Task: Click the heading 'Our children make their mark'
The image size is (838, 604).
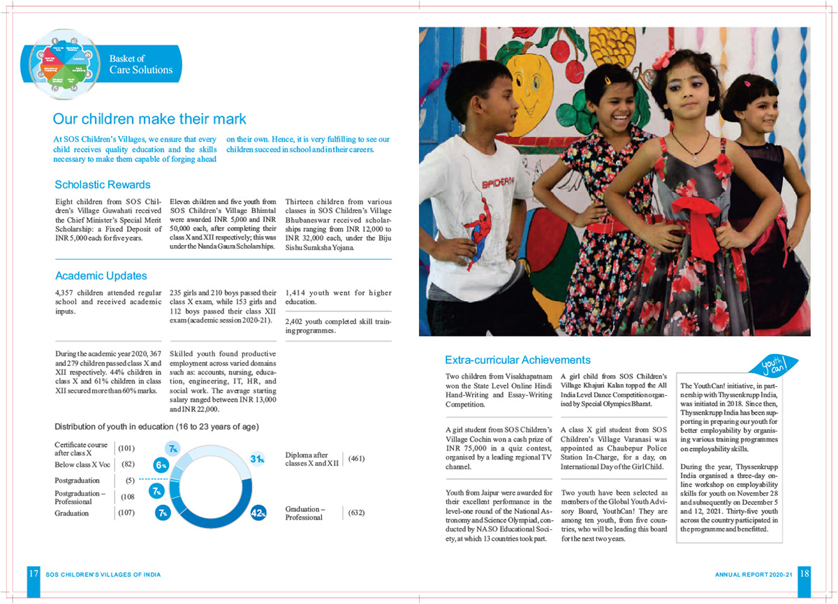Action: coord(149,119)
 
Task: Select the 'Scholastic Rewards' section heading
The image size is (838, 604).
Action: coord(103,185)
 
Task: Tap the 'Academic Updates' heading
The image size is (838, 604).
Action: coord(101,276)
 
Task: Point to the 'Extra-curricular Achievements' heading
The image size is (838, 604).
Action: coord(517,360)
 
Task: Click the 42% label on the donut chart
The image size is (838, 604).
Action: coord(258,514)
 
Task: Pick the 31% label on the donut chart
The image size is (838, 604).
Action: coord(257,459)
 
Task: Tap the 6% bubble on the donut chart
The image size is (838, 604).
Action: coord(161,464)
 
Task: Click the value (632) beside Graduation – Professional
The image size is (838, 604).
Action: coord(355,513)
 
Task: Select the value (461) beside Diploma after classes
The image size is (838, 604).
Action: coord(355,459)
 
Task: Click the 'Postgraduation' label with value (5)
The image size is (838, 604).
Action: coord(77,480)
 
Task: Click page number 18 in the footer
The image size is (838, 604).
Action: coord(804,574)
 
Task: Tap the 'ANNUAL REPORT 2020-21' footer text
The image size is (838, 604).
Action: coord(754,575)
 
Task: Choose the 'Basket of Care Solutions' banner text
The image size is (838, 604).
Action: coord(141,64)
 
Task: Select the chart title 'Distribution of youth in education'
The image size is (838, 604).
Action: coord(156,426)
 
